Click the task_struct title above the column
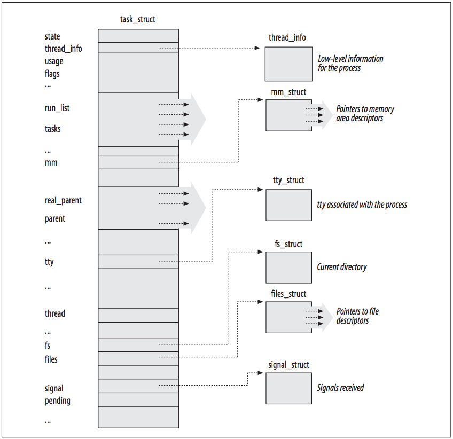tap(138, 20)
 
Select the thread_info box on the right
tap(288, 64)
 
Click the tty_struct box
tap(288, 204)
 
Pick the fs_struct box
tap(288, 267)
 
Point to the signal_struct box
tap(288, 388)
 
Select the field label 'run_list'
tap(57, 108)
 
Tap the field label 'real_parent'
tap(63, 201)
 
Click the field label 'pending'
tap(57, 401)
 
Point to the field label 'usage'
tap(54, 61)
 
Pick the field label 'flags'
tap(52, 74)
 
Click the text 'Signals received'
tap(340, 388)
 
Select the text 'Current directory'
tap(342, 267)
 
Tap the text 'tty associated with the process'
tap(362, 205)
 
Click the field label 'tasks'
tap(53, 129)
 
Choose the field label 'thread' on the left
tap(55, 313)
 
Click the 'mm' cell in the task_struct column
tap(138, 162)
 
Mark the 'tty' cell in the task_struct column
tap(138, 262)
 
